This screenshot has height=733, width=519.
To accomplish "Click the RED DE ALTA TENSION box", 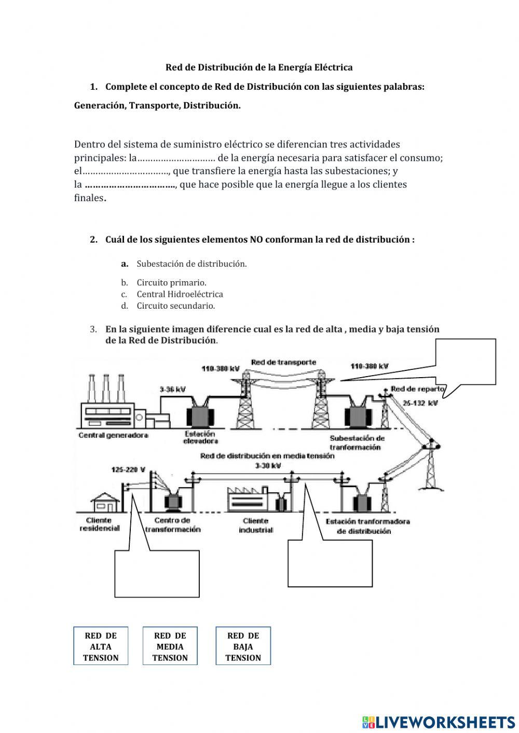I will (x=101, y=646).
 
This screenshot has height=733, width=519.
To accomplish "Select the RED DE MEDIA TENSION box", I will (x=170, y=646).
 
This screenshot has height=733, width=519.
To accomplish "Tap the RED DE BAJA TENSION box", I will (x=243, y=646).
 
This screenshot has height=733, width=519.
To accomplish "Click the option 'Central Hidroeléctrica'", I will (x=180, y=294).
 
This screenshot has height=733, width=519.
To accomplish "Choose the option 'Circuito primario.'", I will (x=171, y=283).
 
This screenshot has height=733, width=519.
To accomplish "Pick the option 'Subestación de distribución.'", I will (x=192, y=264).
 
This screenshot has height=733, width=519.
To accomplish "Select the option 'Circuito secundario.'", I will (x=175, y=306).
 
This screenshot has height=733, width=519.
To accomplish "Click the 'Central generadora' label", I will (x=113, y=435).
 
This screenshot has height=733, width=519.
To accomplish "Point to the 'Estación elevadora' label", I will (x=200, y=437).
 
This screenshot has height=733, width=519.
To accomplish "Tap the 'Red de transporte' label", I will (x=283, y=362).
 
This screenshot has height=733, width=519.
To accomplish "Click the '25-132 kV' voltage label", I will (x=420, y=403).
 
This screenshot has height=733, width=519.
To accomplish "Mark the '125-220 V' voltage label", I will (x=128, y=470).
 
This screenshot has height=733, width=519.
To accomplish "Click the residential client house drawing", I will (x=105, y=502).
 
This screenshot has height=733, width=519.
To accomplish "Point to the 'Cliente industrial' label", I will (x=256, y=525).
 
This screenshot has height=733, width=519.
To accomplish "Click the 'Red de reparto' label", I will (x=417, y=389).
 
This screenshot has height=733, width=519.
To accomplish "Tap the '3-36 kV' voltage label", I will (x=173, y=389).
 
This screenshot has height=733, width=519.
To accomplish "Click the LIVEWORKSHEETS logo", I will (x=439, y=722).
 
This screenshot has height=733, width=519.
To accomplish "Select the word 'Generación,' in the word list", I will (x=100, y=106).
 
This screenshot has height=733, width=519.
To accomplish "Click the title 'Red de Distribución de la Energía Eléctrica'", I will (x=259, y=67).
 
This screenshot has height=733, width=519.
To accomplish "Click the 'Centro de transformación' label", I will (x=172, y=524).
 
